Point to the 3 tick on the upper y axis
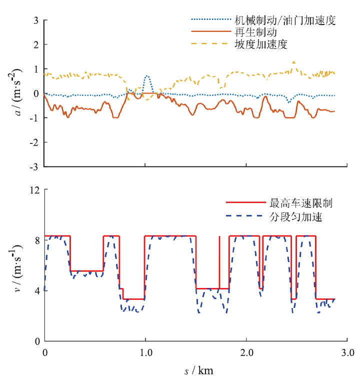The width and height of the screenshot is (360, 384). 36,20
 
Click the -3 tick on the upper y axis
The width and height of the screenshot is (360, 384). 34,166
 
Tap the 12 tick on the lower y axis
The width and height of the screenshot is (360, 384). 34,190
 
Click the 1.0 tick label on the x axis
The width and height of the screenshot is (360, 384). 145,352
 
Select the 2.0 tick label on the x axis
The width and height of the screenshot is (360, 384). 246,352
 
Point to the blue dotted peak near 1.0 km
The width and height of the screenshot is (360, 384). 146,76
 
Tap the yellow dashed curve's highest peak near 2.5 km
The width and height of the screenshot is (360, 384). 293,62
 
